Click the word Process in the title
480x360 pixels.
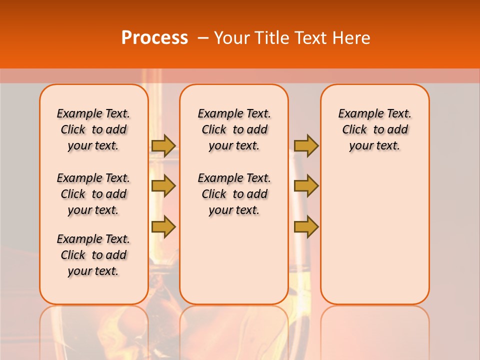click(x=154, y=37)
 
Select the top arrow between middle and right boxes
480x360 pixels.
click(x=306, y=145)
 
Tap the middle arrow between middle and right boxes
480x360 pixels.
click(x=306, y=186)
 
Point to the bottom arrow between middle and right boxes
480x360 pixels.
click(x=306, y=226)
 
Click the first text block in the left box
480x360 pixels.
click(x=93, y=129)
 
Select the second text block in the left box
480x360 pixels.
click(x=93, y=194)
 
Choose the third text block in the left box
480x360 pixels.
click(x=93, y=255)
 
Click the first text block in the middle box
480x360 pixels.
click(x=234, y=129)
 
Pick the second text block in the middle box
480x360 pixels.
click(x=234, y=194)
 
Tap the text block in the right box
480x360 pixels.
click(x=374, y=129)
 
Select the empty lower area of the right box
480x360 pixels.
click(x=374, y=235)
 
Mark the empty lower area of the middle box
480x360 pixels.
click(x=234, y=260)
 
